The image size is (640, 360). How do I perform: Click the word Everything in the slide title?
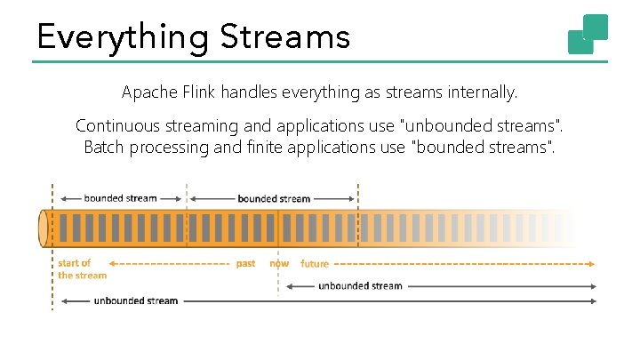121,37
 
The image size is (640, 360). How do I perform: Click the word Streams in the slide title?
285,37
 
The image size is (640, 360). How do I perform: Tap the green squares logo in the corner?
588,34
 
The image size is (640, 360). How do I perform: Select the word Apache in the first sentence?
148,92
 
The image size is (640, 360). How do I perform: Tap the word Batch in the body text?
104,147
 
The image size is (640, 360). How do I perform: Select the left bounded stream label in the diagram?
120,198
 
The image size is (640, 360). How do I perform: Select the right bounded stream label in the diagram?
274,198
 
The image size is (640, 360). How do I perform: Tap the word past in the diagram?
246,264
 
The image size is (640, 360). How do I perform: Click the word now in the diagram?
279,264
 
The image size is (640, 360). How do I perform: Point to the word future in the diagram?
315,264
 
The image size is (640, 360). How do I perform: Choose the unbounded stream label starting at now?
360,285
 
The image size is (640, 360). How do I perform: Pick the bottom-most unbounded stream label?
136,300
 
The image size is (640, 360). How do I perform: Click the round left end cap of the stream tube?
43,228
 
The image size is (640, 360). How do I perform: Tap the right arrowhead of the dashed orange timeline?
592,263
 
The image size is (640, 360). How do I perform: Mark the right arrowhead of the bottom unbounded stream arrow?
593,300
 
